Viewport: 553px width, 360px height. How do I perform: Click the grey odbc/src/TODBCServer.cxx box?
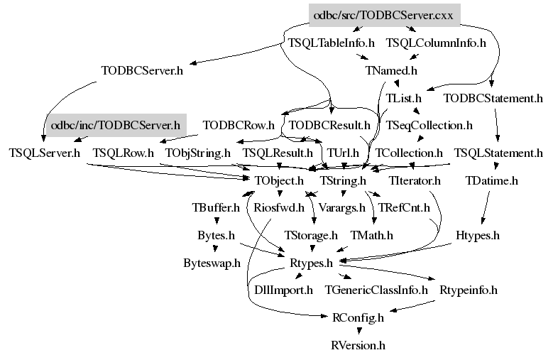[x=385, y=15]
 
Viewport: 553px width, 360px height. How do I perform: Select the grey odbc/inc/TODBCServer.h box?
[x=116, y=125]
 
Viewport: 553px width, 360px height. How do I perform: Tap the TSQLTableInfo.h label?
[x=332, y=43]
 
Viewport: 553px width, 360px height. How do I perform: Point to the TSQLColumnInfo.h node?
[x=437, y=43]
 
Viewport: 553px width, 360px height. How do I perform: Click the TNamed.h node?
[x=391, y=70]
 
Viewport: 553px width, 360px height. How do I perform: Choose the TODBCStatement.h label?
[x=493, y=98]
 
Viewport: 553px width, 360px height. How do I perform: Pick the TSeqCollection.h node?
[x=429, y=126]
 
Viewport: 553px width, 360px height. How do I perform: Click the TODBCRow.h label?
[x=239, y=126]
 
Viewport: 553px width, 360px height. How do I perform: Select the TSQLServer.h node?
[x=45, y=153]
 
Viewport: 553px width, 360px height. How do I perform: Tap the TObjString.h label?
[x=198, y=153]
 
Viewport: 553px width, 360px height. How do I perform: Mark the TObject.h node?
[x=279, y=180]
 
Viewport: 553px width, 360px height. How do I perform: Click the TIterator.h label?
[x=415, y=180]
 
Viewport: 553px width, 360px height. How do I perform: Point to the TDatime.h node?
[x=492, y=180]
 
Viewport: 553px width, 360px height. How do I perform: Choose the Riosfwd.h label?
[x=279, y=207]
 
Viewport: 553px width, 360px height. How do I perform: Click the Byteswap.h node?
[x=212, y=263]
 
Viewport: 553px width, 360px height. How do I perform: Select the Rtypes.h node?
[x=312, y=263]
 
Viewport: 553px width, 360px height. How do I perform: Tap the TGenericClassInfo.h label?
[x=376, y=290]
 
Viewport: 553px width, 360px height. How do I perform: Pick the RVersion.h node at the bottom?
[x=358, y=345]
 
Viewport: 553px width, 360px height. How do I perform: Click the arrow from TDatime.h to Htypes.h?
[x=486, y=207]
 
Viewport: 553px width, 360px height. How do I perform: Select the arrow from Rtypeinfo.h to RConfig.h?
[x=412, y=307]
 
